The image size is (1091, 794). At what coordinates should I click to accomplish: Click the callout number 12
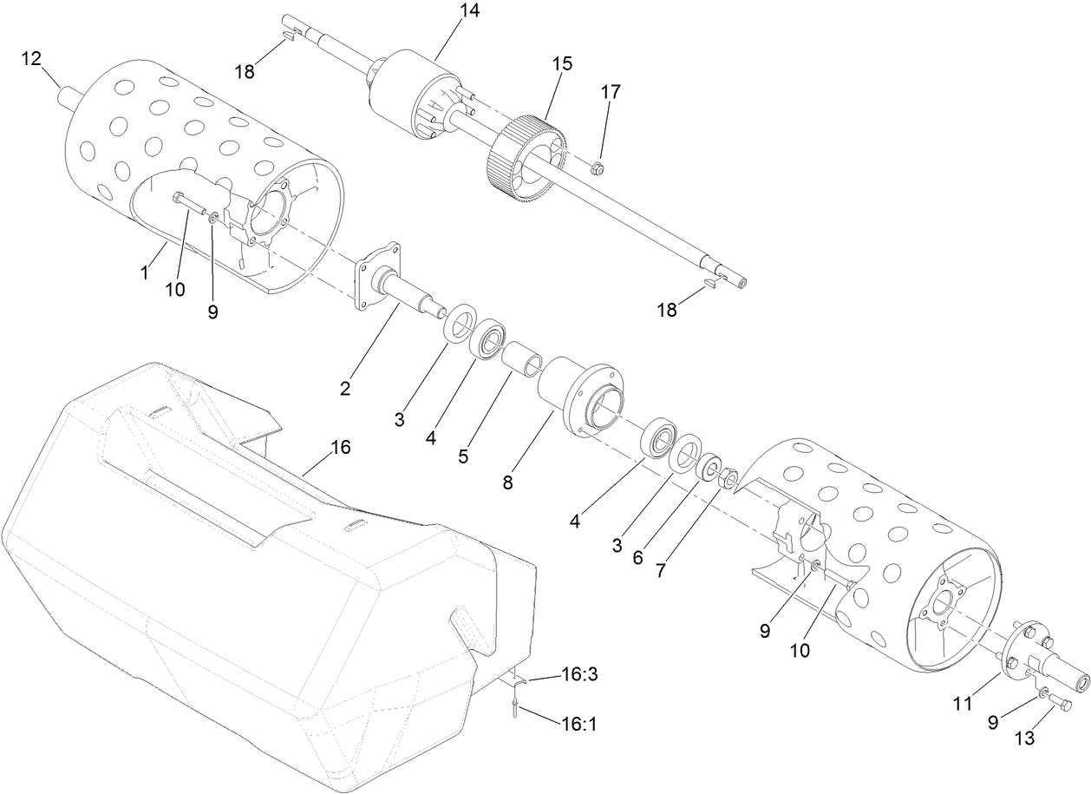tap(31, 58)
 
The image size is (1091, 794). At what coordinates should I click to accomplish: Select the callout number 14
tap(470, 11)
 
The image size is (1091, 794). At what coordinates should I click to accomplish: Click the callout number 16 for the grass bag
tap(340, 447)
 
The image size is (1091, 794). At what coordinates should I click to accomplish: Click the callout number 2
tap(345, 389)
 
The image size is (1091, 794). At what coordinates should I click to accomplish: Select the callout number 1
tap(145, 272)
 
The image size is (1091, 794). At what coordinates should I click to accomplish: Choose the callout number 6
tap(637, 558)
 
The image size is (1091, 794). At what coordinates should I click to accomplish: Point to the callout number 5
tap(464, 455)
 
